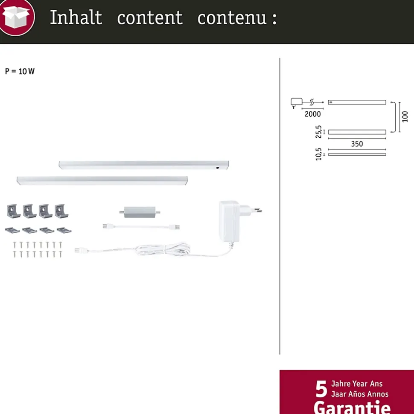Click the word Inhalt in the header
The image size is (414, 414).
pos(76,17)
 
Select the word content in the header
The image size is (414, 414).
pos(150,18)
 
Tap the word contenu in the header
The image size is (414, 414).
pos(232,18)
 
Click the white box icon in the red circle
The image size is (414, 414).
pos(17,17)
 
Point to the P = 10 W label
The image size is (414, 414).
pos(20,71)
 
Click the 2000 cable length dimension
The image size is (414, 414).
pos(312,114)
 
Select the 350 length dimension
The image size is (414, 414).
pos(357,144)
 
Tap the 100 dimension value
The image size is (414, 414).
pos(405,116)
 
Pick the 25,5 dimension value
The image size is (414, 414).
pos(318,132)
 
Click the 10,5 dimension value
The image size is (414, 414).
pos(318,154)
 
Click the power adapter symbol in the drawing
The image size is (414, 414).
pos(296,103)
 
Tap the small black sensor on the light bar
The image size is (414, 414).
pos(218,168)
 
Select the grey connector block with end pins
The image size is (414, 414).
pos(140,212)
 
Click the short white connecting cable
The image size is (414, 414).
pos(141,226)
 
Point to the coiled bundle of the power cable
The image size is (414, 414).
pos(163,249)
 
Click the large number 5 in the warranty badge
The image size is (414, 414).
pos(321,389)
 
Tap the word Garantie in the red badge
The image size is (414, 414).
pos(352,407)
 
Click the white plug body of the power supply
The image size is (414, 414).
pos(229,221)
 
